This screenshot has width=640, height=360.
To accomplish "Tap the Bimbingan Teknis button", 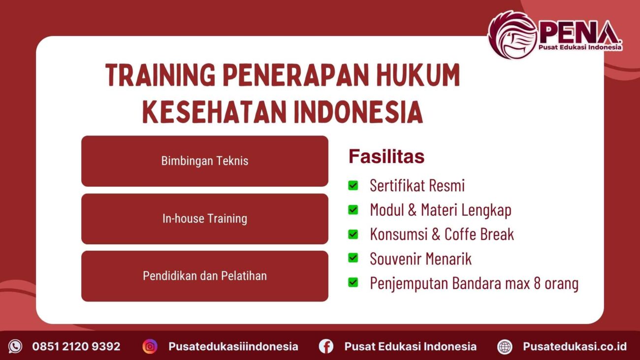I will click(205, 161).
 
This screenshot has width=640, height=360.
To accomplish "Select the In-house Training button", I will click(205, 219).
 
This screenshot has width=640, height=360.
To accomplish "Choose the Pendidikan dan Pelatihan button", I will click(205, 276).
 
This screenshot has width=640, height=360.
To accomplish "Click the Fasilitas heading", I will click(386, 157).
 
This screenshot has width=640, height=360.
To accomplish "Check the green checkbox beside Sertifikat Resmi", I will click(353, 185).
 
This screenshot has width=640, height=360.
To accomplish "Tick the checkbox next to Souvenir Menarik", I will click(353, 258).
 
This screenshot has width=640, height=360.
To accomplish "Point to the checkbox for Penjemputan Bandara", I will click(353, 283).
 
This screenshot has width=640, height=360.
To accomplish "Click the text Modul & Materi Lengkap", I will click(440, 210).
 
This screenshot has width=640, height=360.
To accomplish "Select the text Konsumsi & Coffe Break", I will click(442, 234).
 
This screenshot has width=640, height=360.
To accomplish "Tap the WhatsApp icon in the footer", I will click(15, 346).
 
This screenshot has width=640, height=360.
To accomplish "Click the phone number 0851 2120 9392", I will click(76, 346).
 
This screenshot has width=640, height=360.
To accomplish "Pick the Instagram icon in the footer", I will click(150, 346).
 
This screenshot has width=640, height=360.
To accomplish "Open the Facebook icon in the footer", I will click(326, 346).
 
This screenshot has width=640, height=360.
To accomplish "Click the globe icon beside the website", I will click(505, 346).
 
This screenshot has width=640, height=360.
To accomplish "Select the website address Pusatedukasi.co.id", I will click(575, 346).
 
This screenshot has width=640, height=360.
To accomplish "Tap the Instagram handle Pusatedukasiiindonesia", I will click(233, 346).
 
